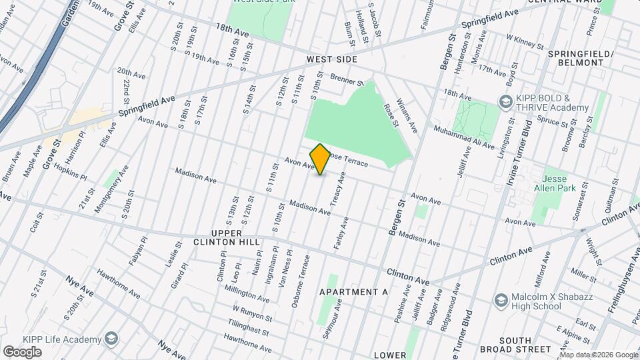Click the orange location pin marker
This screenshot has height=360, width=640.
[x=320, y=159]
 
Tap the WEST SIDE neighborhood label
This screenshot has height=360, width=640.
[x=332, y=60]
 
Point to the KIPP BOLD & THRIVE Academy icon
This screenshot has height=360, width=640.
[x=505, y=101]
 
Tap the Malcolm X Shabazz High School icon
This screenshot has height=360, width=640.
[x=500, y=301]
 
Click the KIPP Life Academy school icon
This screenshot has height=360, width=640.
[x=111, y=339]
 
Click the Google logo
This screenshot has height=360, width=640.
[x=23, y=351]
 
